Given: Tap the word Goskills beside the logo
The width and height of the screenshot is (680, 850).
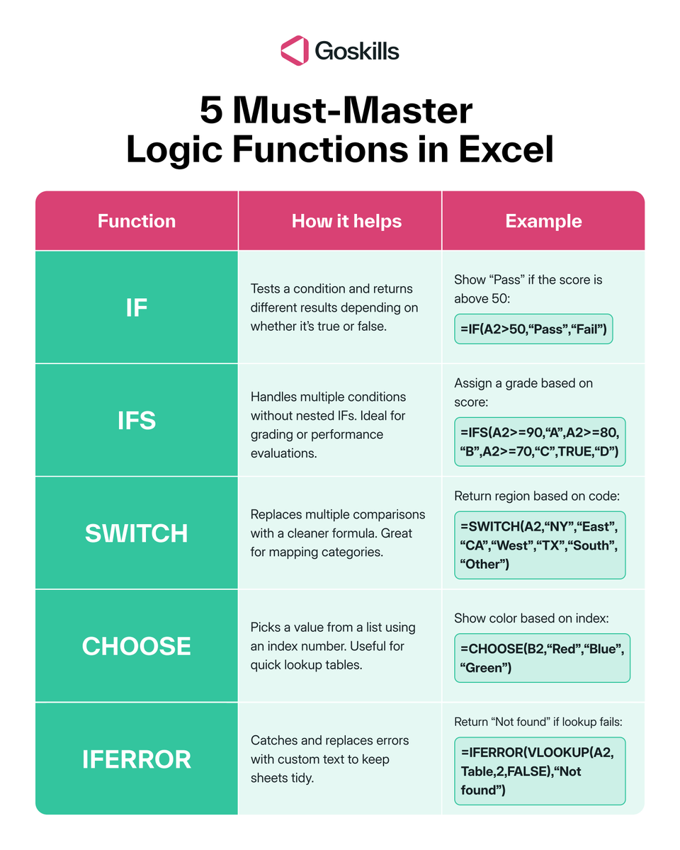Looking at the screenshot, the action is coord(357,51).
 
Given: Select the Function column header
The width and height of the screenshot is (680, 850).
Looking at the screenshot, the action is coord(137,221).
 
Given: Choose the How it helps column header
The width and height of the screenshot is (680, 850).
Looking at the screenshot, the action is coord(346,221).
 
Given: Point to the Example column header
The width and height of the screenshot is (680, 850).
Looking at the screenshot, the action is coord(543,221).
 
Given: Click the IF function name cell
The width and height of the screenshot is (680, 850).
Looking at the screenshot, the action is coord(137,307).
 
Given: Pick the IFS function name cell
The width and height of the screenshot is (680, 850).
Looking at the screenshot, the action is coord(137,421).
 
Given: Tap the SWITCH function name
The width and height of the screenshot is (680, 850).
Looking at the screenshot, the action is coord(137,533).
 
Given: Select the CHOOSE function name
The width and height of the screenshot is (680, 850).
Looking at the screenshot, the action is coord(137,646).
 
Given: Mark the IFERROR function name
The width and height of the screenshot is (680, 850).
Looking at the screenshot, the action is coord(137,759).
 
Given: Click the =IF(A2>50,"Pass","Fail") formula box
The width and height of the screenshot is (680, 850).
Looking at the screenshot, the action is coord(533,329).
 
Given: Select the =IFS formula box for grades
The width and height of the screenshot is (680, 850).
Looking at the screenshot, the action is coord(540,441).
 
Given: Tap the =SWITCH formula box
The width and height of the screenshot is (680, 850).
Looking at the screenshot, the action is coord(540,545).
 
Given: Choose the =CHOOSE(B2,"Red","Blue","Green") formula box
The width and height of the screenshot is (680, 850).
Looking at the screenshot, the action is coord(542,658).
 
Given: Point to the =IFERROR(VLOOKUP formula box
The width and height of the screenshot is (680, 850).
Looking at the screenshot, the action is coord(540,771).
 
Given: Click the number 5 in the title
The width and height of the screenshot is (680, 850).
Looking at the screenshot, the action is coord(211,112).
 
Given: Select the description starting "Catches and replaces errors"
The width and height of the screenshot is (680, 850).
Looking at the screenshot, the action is coord(330,759).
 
